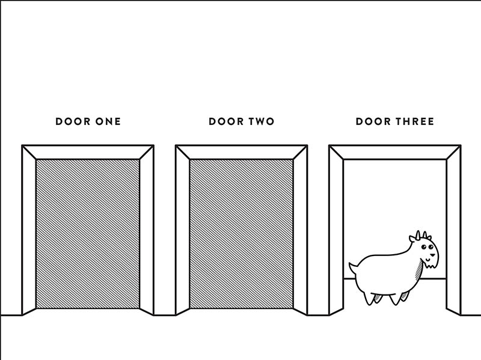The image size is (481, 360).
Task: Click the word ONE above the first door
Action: click(108, 121)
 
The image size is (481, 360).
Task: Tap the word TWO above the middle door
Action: click(261, 121)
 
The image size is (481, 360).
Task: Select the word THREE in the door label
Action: click(414, 121)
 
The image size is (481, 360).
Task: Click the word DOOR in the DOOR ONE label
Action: click(73, 121)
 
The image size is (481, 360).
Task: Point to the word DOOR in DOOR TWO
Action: click(226, 121)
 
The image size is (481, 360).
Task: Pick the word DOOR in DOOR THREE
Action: click(373, 121)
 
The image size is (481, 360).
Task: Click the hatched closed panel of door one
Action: click(88, 234)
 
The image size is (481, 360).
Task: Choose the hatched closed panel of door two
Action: click(242, 234)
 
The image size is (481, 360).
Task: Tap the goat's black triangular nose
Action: click(432, 255)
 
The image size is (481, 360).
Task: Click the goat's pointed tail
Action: click(353, 267)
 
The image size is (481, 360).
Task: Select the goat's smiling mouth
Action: click(427, 260)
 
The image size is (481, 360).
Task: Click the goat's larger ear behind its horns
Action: click(412, 239)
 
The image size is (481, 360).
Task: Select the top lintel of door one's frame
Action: click(88, 153)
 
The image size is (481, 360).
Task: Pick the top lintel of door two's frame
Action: click(242, 153)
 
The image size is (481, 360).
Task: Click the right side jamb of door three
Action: click(453, 230)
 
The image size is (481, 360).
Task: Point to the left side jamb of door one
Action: click(29, 230)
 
